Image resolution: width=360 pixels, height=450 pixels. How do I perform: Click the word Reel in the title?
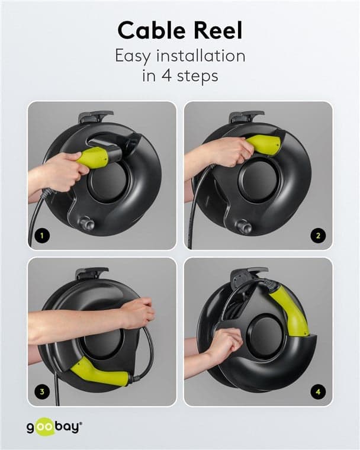pyautogui.click(x=218, y=30)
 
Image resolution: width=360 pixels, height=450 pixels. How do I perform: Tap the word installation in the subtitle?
pyautogui.click(x=201, y=56)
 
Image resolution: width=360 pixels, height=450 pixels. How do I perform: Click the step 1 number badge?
pyautogui.click(x=42, y=236)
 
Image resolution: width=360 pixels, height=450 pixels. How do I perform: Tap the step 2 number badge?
pyautogui.click(x=318, y=236)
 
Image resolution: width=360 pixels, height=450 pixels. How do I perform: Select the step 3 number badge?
pyautogui.click(x=42, y=391)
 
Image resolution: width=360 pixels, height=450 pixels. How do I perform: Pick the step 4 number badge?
pyautogui.click(x=318, y=391)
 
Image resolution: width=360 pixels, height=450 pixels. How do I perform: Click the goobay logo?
pyautogui.click(x=54, y=427)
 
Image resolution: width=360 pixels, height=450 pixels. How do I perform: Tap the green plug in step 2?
pyautogui.click(x=263, y=145)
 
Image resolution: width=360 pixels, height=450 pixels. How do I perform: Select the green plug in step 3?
pyautogui.click(x=99, y=371)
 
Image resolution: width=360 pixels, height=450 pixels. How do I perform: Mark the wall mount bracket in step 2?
pyautogui.click(x=246, y=117)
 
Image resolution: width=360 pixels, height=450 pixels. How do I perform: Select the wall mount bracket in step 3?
pyautogui.click(x=92, y=273)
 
